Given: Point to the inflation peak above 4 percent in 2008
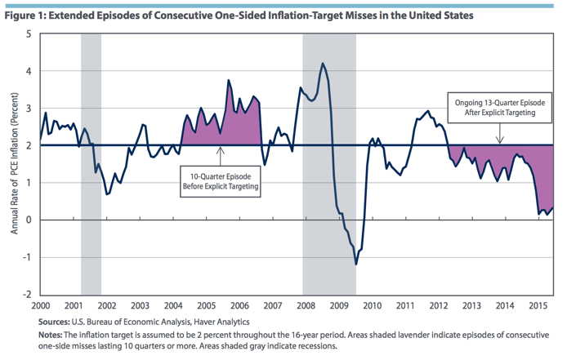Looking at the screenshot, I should point(323,64).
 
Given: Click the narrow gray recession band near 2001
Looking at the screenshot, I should point(91,163).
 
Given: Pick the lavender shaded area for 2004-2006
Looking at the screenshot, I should point(237,127).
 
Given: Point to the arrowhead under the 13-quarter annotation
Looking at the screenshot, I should point(499,141).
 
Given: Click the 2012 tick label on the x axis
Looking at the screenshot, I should point(438,305).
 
